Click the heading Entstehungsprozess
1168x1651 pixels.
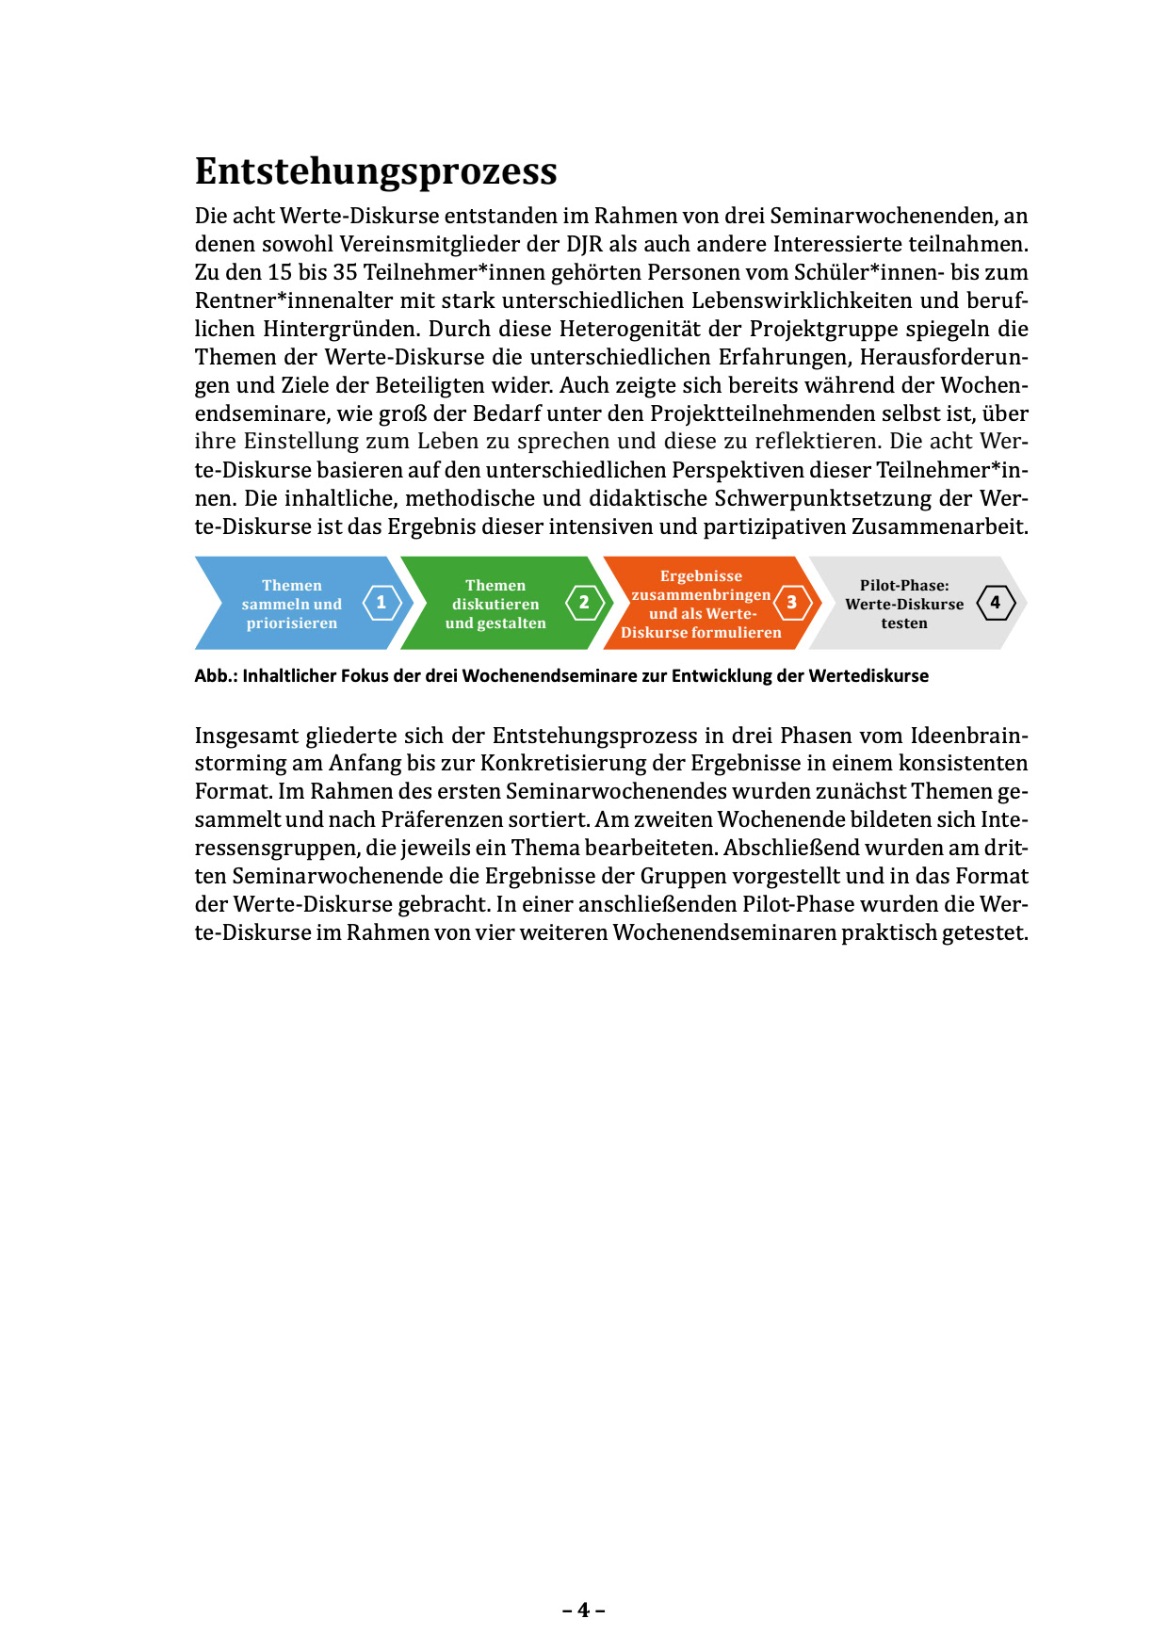click(x=376, y=171)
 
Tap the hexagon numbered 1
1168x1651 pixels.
click(x=381, y=603)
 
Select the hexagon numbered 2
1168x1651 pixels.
click(x=584, y=603)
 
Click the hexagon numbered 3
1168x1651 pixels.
click(x=792, y=603)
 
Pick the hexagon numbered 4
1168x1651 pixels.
click(x=996, y=603)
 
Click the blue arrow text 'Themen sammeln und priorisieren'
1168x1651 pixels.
click(x=292, y=604)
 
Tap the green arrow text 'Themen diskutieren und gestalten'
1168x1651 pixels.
click(x=495, y=604)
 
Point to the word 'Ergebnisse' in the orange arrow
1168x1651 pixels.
click(x=701, y=576)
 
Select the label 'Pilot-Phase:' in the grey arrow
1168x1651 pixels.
click(x=904, y=585)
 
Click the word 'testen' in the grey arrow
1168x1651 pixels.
click(x=904, y=623)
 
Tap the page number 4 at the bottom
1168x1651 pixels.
click(x=584, y=1610)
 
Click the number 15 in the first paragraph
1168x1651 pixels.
click(x=280, y=272)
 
